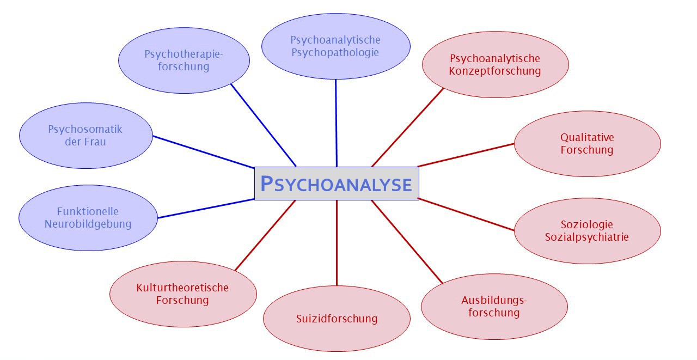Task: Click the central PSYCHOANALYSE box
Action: click(337, 184)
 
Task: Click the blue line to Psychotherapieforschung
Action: click(263, 125)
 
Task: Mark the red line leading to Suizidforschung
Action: click(337, 242)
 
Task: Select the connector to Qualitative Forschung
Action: click(466, 155)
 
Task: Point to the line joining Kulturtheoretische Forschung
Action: click(265, 235)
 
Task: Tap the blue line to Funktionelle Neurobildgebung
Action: click(206, 209)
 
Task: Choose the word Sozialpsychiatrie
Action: click(587, 237)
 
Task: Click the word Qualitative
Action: click(587, 137)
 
